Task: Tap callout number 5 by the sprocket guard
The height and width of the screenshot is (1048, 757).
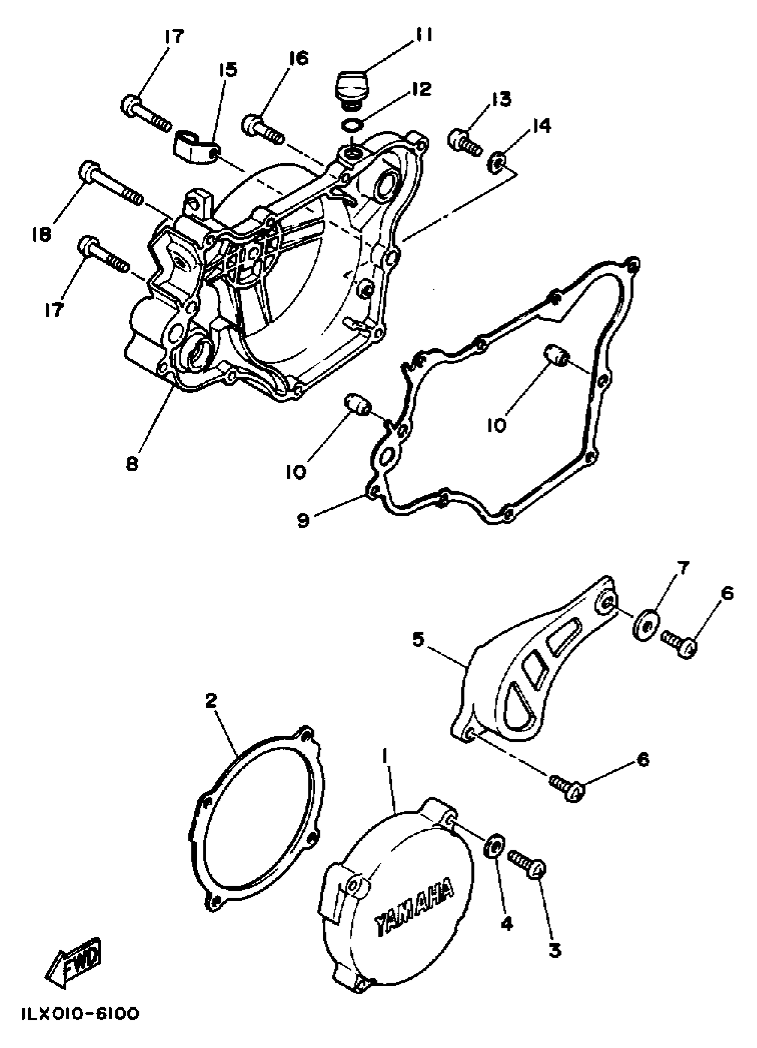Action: [x=418, y=641]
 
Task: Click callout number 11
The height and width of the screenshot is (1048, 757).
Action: [x=422, y=35]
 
